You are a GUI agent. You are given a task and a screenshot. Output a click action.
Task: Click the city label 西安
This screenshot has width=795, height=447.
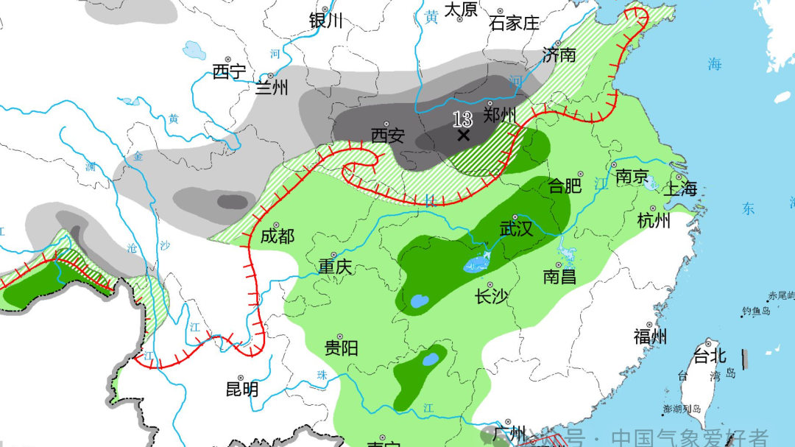pos(388,136)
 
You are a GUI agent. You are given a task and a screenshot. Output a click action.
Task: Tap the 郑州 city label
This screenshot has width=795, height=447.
pos(501,116)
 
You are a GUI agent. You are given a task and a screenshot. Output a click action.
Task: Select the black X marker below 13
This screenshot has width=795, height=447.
pos(463,135)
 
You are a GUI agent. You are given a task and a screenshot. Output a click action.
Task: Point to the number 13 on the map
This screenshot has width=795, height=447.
pos(462,119)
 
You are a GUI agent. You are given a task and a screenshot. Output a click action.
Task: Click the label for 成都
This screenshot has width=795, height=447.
pos(278,236)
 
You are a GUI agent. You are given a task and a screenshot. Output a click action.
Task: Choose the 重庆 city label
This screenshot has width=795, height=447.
pos(336,267)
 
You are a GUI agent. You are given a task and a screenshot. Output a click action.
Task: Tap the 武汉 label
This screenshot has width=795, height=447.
pos(516,229)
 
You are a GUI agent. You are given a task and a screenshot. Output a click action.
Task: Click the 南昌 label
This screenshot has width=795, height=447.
pos(559,277)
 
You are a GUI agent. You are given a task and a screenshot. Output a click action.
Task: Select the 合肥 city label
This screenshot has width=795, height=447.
pos(565,186)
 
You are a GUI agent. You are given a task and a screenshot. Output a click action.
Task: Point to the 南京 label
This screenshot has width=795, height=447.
pos(632,177)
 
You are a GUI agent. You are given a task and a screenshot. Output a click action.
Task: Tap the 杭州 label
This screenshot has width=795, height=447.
pos(654,220)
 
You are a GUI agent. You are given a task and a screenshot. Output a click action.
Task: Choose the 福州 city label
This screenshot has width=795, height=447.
pos(651,337)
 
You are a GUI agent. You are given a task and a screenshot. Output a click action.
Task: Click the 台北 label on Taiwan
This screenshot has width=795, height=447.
pos(710,358)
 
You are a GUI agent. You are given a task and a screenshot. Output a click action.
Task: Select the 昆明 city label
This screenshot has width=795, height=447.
pos(242,389)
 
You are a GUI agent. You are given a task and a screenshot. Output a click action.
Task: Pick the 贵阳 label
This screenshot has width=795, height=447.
pos(342,348)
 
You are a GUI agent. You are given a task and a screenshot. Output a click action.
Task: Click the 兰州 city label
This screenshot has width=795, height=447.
pos(272,88)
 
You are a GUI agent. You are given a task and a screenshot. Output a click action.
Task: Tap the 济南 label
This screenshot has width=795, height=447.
pos(559,54)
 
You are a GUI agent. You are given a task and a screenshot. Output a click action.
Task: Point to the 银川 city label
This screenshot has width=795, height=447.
pos(326,21)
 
